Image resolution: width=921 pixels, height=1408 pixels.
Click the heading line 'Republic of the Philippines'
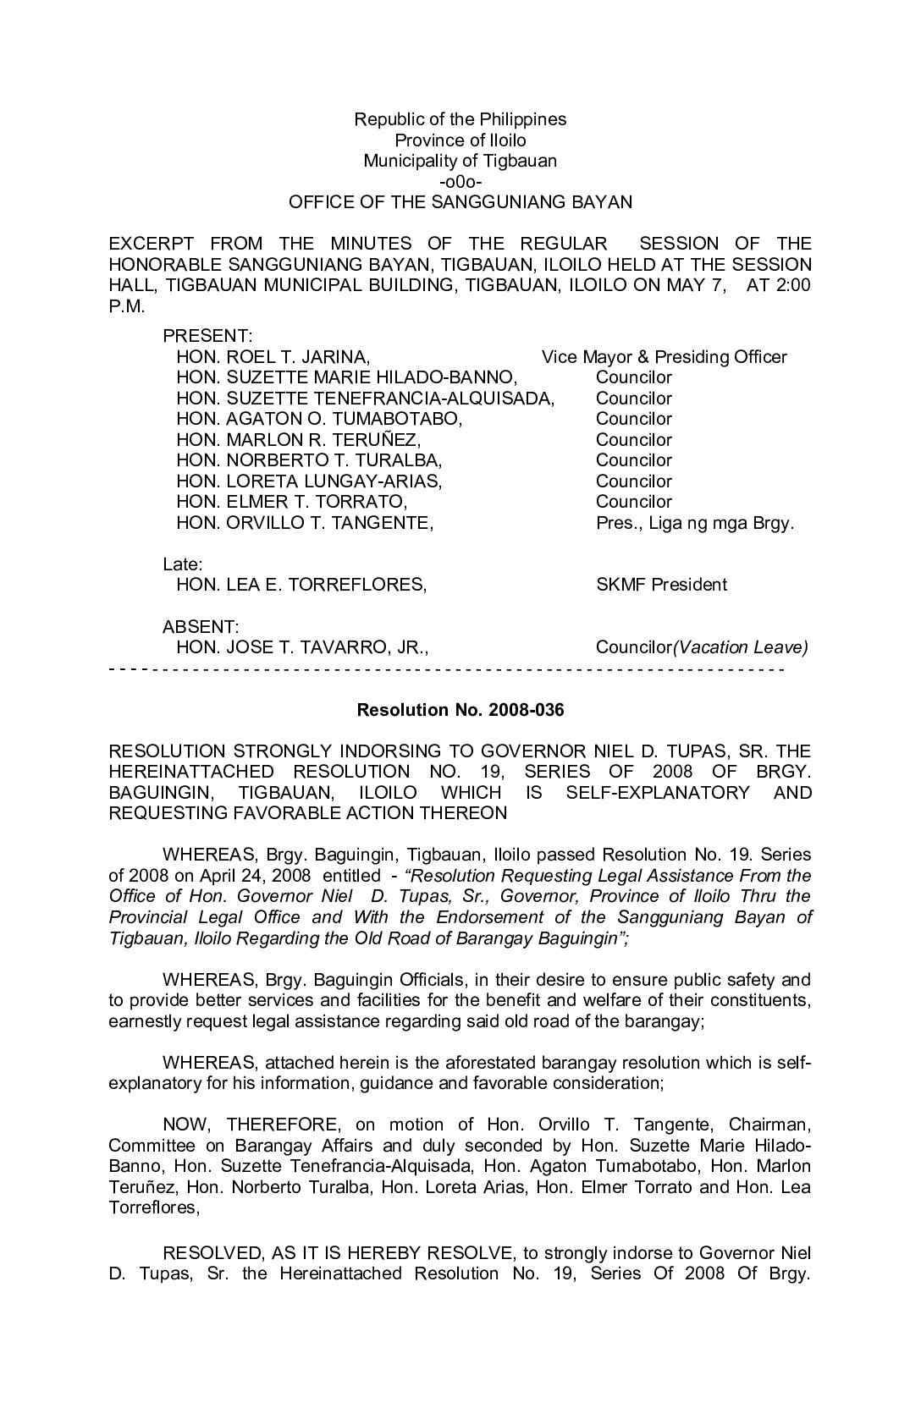(460, 119)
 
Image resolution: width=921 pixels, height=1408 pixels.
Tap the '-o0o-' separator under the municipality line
(460, 182)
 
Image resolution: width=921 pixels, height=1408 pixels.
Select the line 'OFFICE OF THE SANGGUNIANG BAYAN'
(460, 202)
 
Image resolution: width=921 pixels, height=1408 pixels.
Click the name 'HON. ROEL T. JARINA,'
(273, 357)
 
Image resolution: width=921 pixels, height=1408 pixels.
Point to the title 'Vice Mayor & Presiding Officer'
(664, 357)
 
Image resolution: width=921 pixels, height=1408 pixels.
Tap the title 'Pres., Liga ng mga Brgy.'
(695, 523)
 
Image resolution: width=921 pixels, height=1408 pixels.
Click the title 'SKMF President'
(661, 585)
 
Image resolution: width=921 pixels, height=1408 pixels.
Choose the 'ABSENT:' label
(201, 627)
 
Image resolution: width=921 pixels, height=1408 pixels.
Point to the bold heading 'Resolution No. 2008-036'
(460, 710)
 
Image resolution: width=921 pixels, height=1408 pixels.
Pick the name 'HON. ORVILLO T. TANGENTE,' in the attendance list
(305, 523)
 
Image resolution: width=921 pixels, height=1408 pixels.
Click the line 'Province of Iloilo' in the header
(460, 140)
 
